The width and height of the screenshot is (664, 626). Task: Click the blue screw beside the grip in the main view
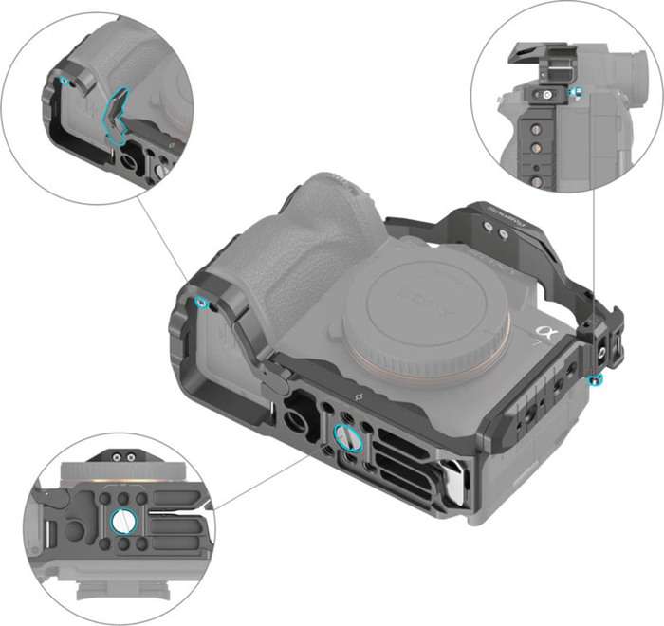click(202, 303)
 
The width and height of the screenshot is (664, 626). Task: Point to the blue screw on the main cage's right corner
click(595, 380)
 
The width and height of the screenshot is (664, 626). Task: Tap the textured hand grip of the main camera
click(285, 247)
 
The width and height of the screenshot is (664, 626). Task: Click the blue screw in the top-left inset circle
click(64, 82)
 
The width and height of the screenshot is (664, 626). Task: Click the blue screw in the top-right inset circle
click(575, 93)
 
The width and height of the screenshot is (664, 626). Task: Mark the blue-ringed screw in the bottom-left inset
click(122, 520)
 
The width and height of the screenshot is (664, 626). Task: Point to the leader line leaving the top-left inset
click(166, 237)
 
